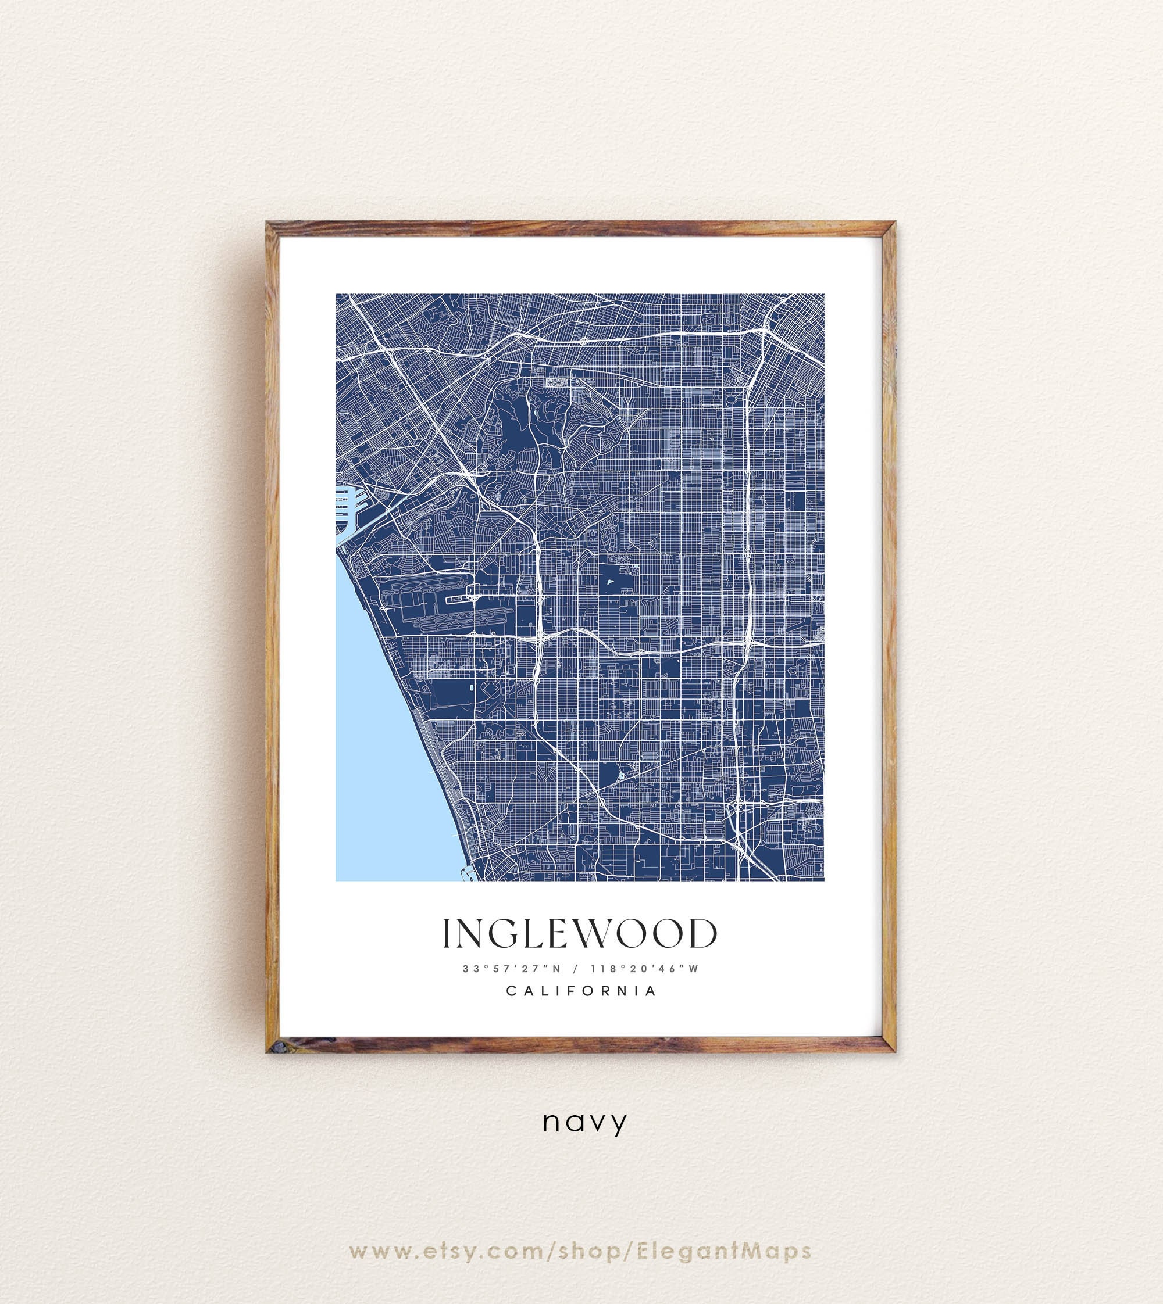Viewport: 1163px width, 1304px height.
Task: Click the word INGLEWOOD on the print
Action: coord(580,934)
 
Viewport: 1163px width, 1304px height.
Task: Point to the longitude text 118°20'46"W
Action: coord(645,968)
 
